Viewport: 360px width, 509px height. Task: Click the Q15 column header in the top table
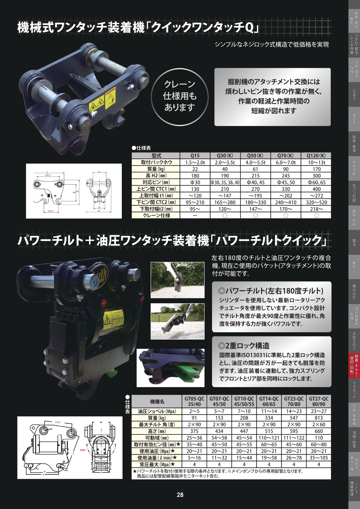195,156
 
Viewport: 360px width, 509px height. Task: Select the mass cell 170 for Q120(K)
316,169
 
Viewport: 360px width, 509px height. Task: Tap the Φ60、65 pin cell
316,182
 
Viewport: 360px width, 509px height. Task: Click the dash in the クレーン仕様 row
195,215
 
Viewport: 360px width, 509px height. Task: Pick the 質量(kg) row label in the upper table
156,169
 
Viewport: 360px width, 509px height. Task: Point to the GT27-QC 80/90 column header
319,401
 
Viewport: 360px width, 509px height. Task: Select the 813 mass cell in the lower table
319,418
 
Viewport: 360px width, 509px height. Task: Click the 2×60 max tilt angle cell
319,425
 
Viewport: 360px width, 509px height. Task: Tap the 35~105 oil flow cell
319,458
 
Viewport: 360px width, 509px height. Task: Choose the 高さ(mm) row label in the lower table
157,431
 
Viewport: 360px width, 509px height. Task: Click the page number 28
180,495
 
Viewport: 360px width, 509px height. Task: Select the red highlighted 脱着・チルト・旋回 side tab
354,366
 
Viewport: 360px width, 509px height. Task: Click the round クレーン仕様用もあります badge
180,97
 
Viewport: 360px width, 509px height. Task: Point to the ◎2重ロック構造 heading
244,346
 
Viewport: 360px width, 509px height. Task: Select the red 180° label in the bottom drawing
83,450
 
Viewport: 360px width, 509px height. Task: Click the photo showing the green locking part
171,368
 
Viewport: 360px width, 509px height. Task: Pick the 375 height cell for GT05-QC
194,431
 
